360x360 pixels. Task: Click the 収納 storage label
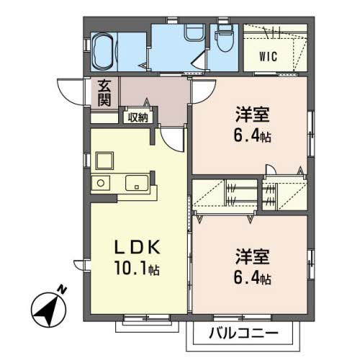point(137,116)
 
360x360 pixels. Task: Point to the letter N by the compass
point(63,289)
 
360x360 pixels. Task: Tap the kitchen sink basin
point(136,184)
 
